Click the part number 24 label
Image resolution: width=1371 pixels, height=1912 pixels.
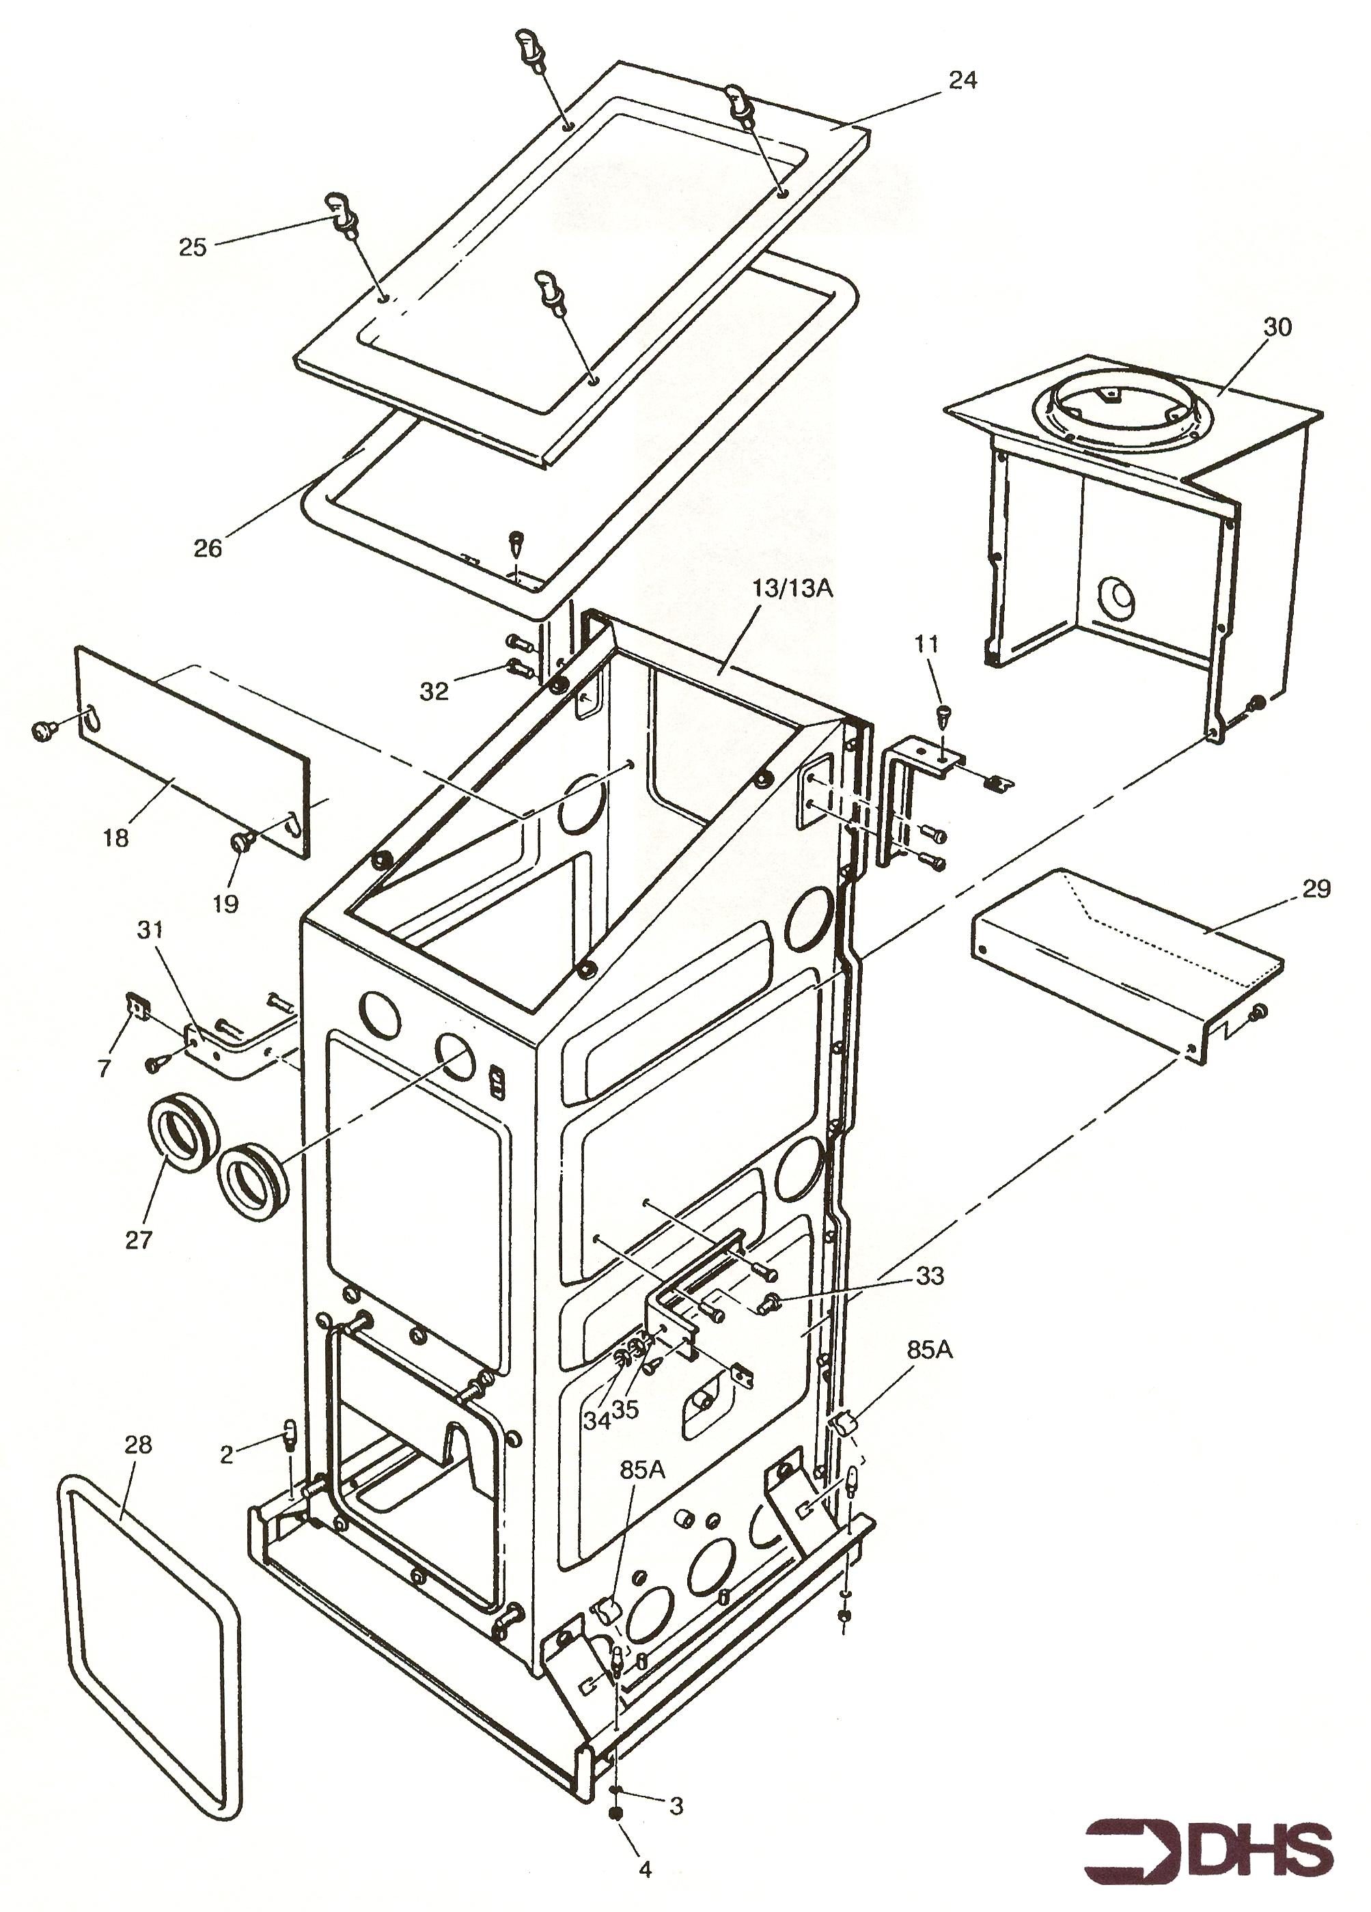click(x=962, y=80)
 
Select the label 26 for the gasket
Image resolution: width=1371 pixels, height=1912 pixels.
click(x=208, y=548)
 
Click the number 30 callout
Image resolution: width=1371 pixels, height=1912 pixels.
click(x=1277, y=327)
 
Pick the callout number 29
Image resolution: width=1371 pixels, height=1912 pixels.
click(x=1316, y=889)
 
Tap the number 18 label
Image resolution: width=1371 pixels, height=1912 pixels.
click(x=115, y=838)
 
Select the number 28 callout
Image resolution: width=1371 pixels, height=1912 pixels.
click(x=137, y=1444)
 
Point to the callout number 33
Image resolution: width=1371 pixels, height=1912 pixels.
click(x=929, y=1275)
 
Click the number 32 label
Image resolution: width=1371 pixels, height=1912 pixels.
click(x=435, y=691)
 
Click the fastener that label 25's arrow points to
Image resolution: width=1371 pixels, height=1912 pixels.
click(x=342, y=212)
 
